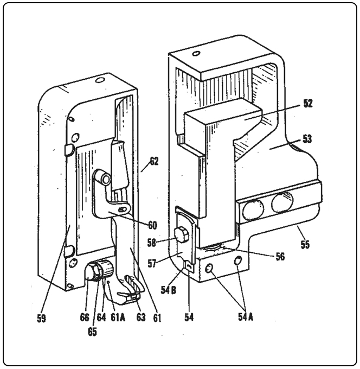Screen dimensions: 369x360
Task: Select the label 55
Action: coord(305,245)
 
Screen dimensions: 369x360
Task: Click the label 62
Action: coord(154,161)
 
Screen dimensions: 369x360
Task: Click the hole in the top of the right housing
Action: coord(197,53)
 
